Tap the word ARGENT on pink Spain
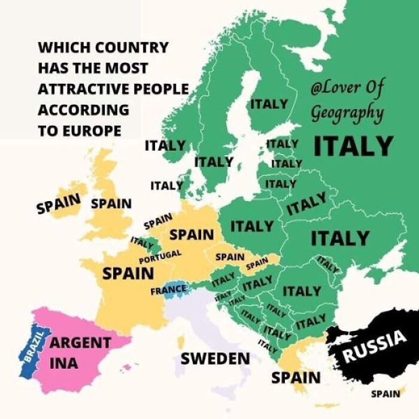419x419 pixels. coord(80,343)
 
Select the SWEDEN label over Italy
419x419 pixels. coord(215,359)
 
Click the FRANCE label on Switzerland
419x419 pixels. coord(168,289)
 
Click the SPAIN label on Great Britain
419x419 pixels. coord(111,203)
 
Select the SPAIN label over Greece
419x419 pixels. coord(296,377)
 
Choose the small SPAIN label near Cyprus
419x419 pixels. coord(385,394)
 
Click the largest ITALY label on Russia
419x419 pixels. coord(353,146)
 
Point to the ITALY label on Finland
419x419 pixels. coord(269,104)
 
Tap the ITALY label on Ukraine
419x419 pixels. coord(340,238)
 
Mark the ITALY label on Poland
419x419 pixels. coord(252,226)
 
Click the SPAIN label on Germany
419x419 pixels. coord(191,234)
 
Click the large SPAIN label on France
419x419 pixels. coord(128,273)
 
